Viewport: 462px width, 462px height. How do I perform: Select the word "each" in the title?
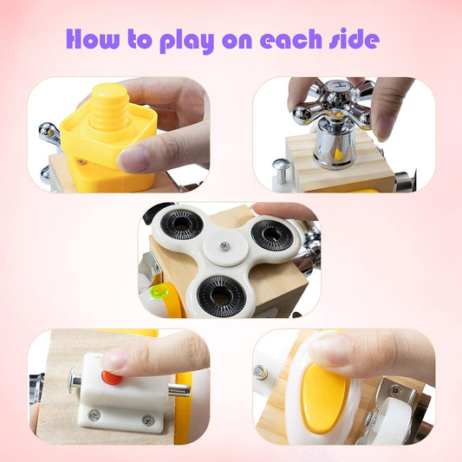coord(291,39)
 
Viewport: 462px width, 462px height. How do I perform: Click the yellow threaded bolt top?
coord(109,107)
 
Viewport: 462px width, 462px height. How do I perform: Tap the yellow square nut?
coord(108,138)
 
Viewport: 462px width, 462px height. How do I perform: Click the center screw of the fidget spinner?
coord(224,244)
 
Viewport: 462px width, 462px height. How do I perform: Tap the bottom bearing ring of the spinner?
coord(221,296)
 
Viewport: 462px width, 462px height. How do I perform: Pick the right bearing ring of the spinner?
coord(272,235)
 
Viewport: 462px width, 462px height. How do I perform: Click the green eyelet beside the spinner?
coord(159,292)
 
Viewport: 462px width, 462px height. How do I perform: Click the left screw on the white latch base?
coord(94,415)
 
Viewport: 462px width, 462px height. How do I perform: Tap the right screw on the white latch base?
coord(148,420)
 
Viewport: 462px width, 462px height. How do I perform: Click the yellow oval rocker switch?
coord(323,398)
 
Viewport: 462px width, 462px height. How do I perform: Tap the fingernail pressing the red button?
coord(114,361)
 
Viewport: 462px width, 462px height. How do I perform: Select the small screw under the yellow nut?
coord(81,161)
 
